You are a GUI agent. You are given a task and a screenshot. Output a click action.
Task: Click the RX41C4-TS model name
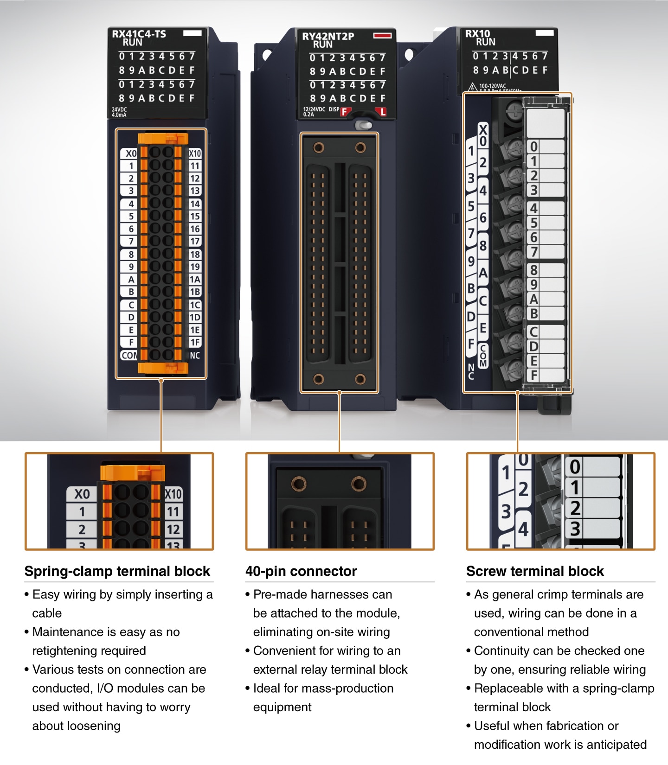point(139,34)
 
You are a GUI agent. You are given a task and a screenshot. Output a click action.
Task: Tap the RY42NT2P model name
point(328,36)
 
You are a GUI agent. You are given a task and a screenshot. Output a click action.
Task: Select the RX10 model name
point(477,33)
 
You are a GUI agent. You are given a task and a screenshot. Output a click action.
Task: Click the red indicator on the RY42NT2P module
point(382,35)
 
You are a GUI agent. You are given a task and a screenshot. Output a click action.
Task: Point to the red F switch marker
point(344,112)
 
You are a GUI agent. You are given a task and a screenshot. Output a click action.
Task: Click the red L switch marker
point(382,112)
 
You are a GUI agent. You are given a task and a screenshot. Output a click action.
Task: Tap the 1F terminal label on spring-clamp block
point(195,342)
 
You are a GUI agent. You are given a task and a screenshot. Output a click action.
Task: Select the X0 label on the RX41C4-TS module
point(131,153)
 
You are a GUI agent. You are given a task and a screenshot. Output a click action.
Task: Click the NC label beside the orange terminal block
point(195,356)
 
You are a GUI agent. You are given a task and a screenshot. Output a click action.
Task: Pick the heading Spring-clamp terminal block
point(117,571)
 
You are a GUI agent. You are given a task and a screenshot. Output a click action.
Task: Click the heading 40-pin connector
point(301,571)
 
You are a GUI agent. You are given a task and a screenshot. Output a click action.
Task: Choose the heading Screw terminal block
point(535,571)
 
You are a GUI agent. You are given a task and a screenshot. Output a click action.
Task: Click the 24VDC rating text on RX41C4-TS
point(119,110)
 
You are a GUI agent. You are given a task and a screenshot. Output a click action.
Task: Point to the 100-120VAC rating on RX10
point(493,86)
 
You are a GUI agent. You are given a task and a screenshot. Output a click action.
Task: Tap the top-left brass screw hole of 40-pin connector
point(319,148)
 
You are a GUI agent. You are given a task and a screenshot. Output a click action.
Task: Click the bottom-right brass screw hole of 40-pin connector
point(360,379)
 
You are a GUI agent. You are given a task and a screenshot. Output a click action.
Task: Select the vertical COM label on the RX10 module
point(483,356)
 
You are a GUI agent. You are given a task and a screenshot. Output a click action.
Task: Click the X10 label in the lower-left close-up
point(173,494)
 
